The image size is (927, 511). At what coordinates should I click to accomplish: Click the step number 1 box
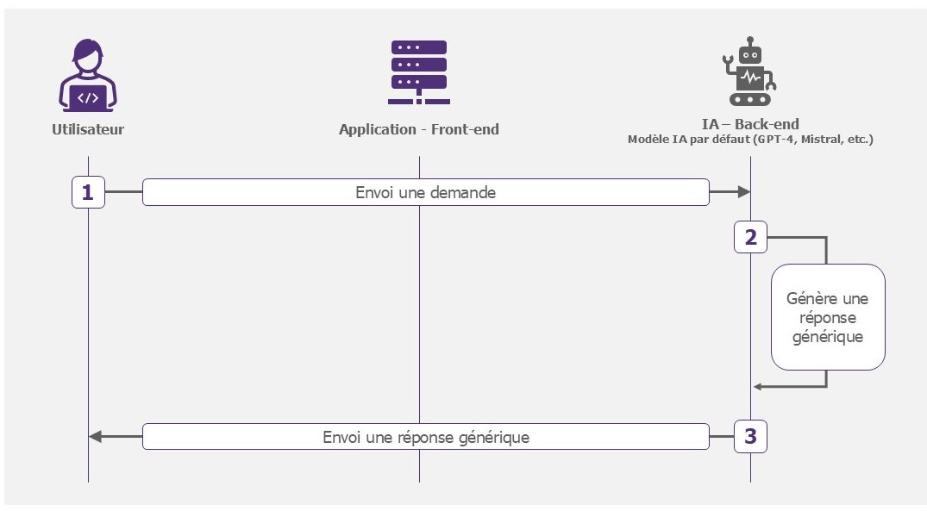tap(88, 192)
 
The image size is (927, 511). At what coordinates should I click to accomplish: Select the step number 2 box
tap(750, 237)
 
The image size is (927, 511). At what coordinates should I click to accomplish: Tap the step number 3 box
tap(750, 437)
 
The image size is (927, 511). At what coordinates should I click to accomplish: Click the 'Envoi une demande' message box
tap(426, 192)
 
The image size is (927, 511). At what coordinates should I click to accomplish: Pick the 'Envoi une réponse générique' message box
tap(426, 437)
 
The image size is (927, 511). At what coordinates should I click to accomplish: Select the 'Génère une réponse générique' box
tap(828, 317)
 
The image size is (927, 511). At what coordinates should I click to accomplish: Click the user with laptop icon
tap(87, 75)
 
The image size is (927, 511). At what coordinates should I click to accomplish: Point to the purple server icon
tap(418, 72)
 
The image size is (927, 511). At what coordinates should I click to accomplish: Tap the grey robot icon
tap(749, 71)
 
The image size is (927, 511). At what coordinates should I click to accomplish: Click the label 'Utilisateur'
tap(88, 129)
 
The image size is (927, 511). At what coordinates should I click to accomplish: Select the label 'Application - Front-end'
tap(418, 129)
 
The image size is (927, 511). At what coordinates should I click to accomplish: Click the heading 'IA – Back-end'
tap(750, 124)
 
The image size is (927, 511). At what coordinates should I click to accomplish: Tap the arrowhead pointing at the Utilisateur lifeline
tap(95, 437)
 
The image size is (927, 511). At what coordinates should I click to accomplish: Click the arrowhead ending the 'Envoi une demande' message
tap(743, 192)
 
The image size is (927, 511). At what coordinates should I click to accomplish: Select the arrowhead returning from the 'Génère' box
tap(757, 387)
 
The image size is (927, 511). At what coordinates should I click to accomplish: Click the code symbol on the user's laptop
tap(87, 98)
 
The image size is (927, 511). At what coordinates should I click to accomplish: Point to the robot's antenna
tap(750, 42)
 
